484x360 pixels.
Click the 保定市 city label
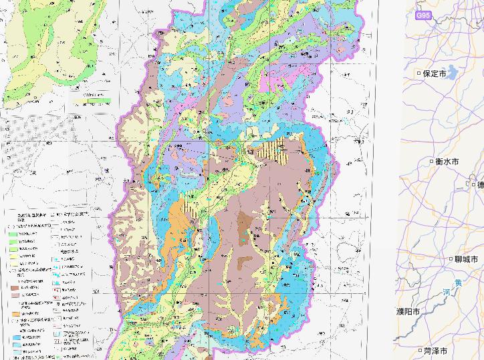435,74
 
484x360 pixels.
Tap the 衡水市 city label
447,162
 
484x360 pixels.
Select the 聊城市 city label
466,259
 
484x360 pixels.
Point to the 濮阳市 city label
408,312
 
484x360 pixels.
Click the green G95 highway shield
423,14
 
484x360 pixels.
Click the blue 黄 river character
458,283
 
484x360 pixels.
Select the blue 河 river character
446,293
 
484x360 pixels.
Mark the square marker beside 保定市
419,73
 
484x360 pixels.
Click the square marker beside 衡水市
431,162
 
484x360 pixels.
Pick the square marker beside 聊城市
450,259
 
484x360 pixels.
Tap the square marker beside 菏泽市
419,351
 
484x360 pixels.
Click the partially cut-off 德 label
480,185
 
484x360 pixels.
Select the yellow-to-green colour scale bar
93,101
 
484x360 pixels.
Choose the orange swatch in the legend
15,313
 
